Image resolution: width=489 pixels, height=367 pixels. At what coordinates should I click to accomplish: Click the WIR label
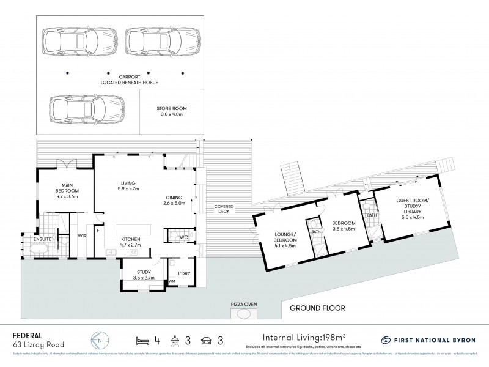click(81, 235)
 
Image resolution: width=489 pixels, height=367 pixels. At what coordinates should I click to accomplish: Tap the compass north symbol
click(97, 340)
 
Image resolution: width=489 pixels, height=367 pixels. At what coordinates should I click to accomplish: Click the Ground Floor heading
click(318, 308)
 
